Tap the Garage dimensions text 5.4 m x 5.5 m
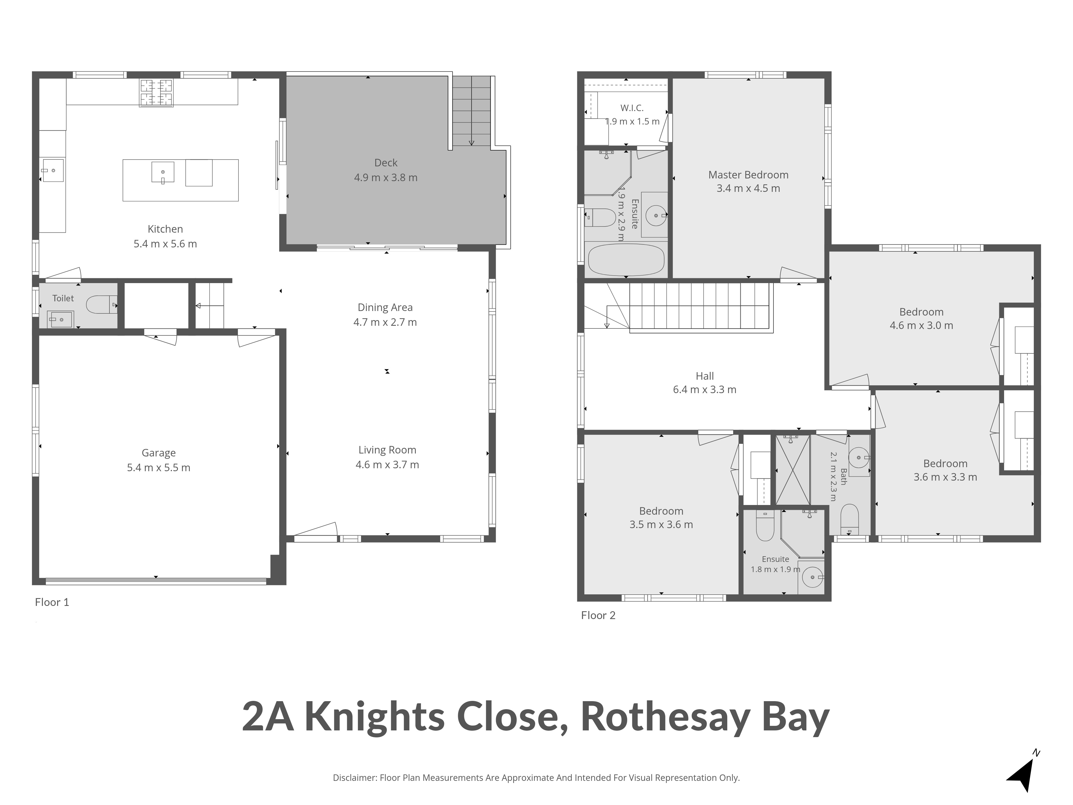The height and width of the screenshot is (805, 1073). [x=159, y=468]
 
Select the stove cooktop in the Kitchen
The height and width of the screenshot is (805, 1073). [x=156, y=93]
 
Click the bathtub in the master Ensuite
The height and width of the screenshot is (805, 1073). [x=626, y=259]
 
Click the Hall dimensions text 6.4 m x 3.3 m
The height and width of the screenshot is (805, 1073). [x=705, y=390]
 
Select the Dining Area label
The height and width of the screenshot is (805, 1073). [x=385, y=308]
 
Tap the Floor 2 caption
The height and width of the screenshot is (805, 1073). [x=598, y=615]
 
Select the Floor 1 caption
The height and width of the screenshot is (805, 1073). [x=52, y=602]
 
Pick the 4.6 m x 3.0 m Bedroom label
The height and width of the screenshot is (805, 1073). [x=921, y=312]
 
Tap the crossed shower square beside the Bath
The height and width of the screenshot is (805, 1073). [x=793, y=470]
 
